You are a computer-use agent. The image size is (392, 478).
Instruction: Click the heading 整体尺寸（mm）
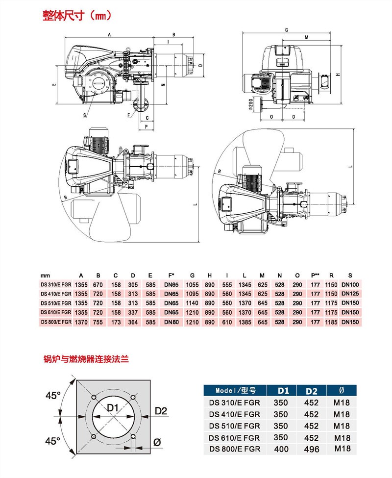click(77, 15)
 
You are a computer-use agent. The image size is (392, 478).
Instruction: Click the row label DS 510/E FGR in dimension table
click(56, 303)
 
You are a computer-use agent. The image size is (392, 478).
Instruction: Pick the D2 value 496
click(312, 449)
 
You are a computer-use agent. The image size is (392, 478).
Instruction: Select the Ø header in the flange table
click(341, 391)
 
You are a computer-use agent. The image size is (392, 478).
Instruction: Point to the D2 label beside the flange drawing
click(161, 410)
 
